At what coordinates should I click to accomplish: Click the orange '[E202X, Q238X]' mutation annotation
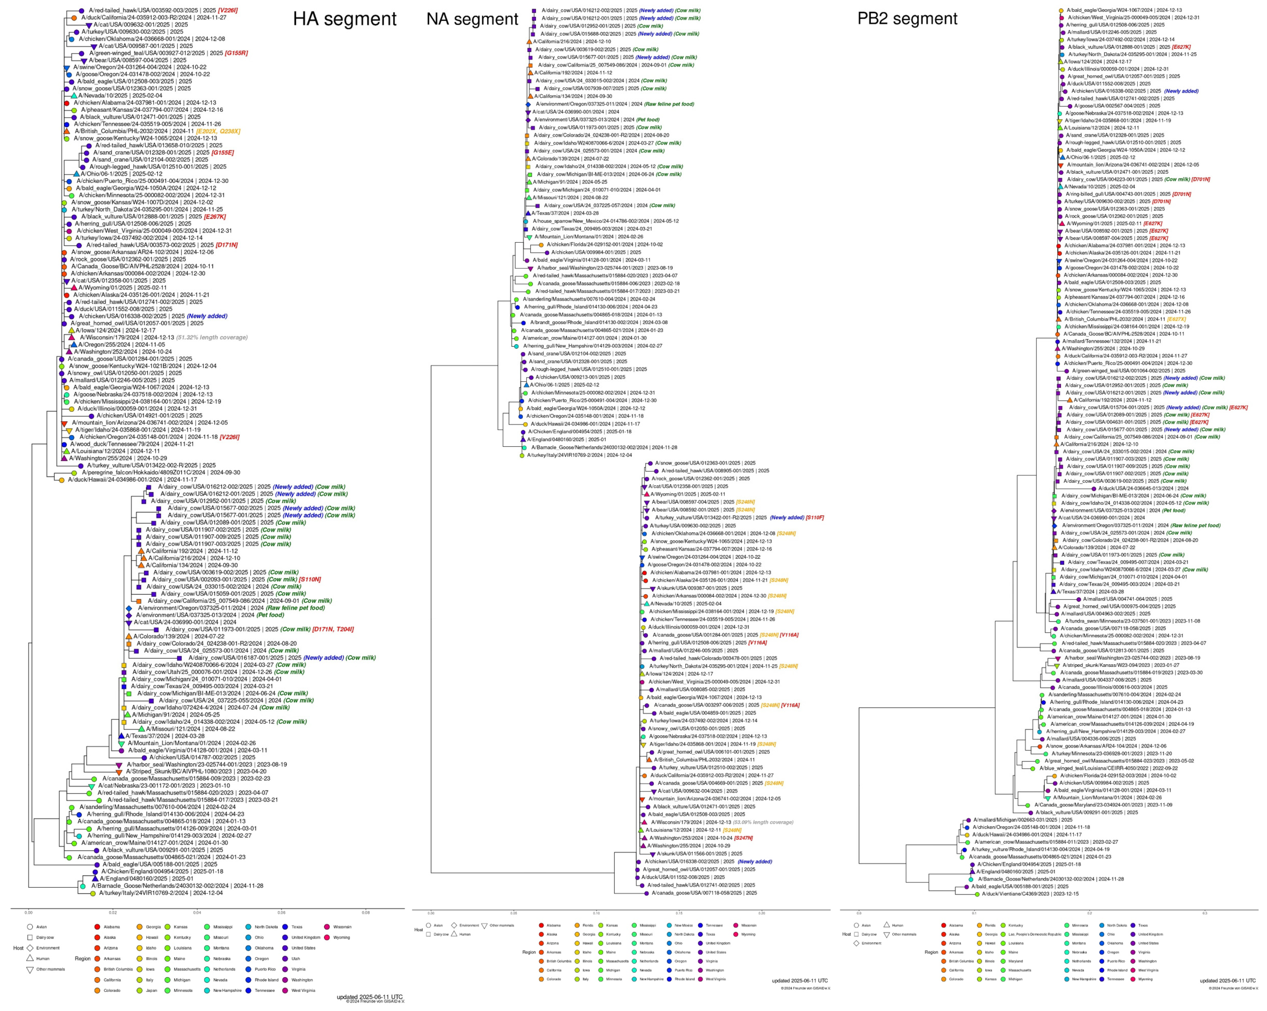(219, 131)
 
